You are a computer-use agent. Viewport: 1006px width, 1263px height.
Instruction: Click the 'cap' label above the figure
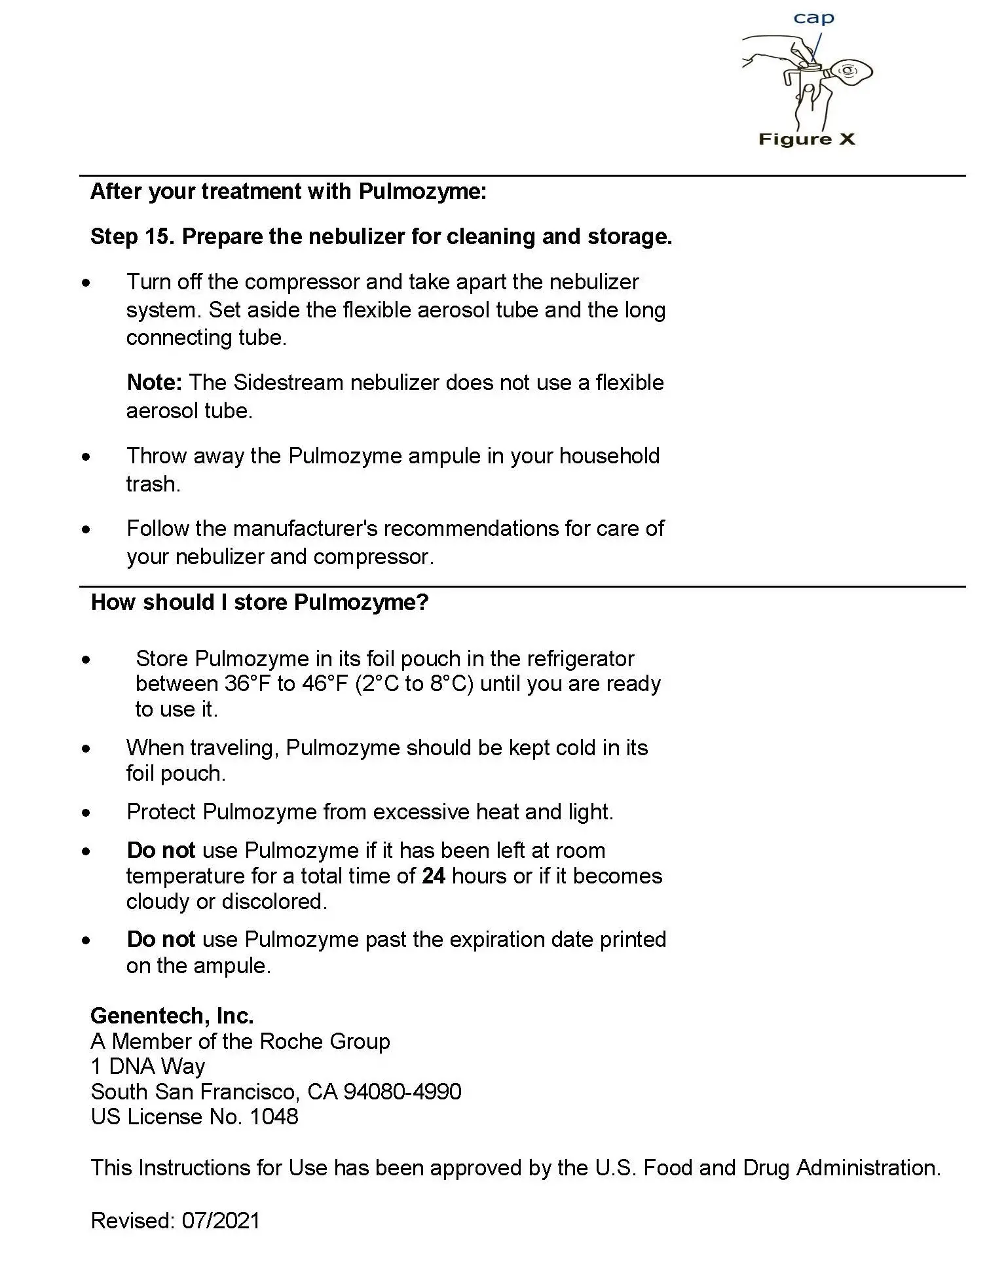pyautogui.click(x=813, y=18)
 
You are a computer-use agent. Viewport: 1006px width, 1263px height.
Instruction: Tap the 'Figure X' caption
pyautogui.click(x=806, y=139)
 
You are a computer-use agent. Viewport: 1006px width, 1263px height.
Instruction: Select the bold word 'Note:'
pyautogui.click(x=154, y=382)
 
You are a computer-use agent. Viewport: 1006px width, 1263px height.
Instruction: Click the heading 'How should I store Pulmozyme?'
pyautogui.click(x=259, y=602)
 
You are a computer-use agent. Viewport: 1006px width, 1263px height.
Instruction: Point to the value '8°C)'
pyautogui.click(x=451, y=684)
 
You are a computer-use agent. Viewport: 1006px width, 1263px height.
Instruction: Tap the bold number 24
pyautogui.click(x=434, y=876)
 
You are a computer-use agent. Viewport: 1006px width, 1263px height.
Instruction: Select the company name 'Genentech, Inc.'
pyautogui.click(x=172, y=1016)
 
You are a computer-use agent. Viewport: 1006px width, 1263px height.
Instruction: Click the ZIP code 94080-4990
pyautogui.click(x=402, y=1092)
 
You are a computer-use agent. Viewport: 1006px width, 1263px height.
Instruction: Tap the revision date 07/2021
pyautogui.click(x=221, y=1220)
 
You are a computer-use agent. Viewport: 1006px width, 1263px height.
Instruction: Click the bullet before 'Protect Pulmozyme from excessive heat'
pyautogui.click(x=86, y=813)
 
